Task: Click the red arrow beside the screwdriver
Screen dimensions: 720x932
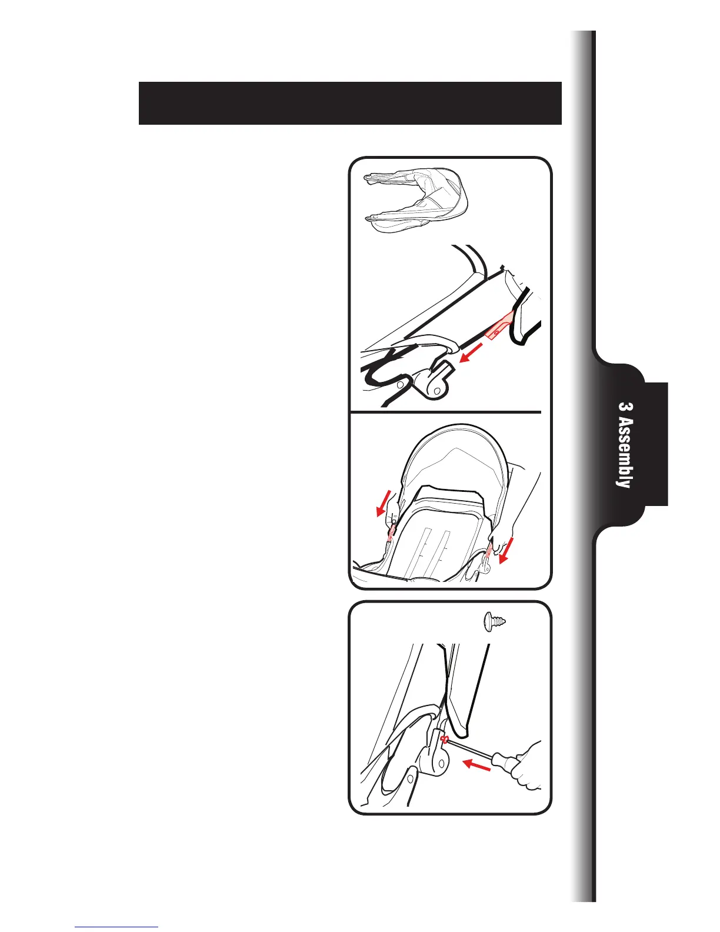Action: point(476,766)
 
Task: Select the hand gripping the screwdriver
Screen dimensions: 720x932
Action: point(528,766)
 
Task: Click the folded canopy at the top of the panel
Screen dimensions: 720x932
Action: point(416,202)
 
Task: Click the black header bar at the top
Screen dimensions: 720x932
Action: point(350,104)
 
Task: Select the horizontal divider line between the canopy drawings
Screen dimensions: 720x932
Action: point(445,412)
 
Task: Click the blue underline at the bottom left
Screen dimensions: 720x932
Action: point(116,927)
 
